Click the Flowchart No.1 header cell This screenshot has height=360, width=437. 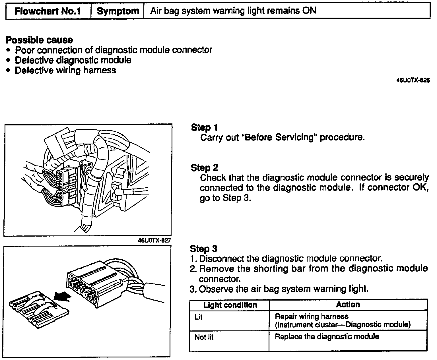[x=48, y=11]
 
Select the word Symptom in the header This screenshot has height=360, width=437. [x=118, y=11]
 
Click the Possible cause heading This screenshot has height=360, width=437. [x=39, y=40]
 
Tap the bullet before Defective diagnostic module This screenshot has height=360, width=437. [x=9, y=60]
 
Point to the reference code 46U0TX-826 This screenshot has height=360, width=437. [x=413, y=80]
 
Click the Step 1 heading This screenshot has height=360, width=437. [x=204, y=127]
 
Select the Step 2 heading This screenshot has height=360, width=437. [x=204, y=168]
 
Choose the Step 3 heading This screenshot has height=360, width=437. [x=203, y=249]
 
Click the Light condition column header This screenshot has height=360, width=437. [x=230, y=305]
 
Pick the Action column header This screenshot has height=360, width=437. [x=348, y=305]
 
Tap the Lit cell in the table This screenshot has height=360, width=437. [x=199, y=317]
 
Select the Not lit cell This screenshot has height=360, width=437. [x=204, y=337]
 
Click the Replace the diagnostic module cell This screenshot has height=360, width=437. [x=327, y=337]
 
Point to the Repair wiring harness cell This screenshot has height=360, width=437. [x=342, y=320]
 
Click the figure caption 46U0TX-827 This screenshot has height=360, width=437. [x=154, y=240]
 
